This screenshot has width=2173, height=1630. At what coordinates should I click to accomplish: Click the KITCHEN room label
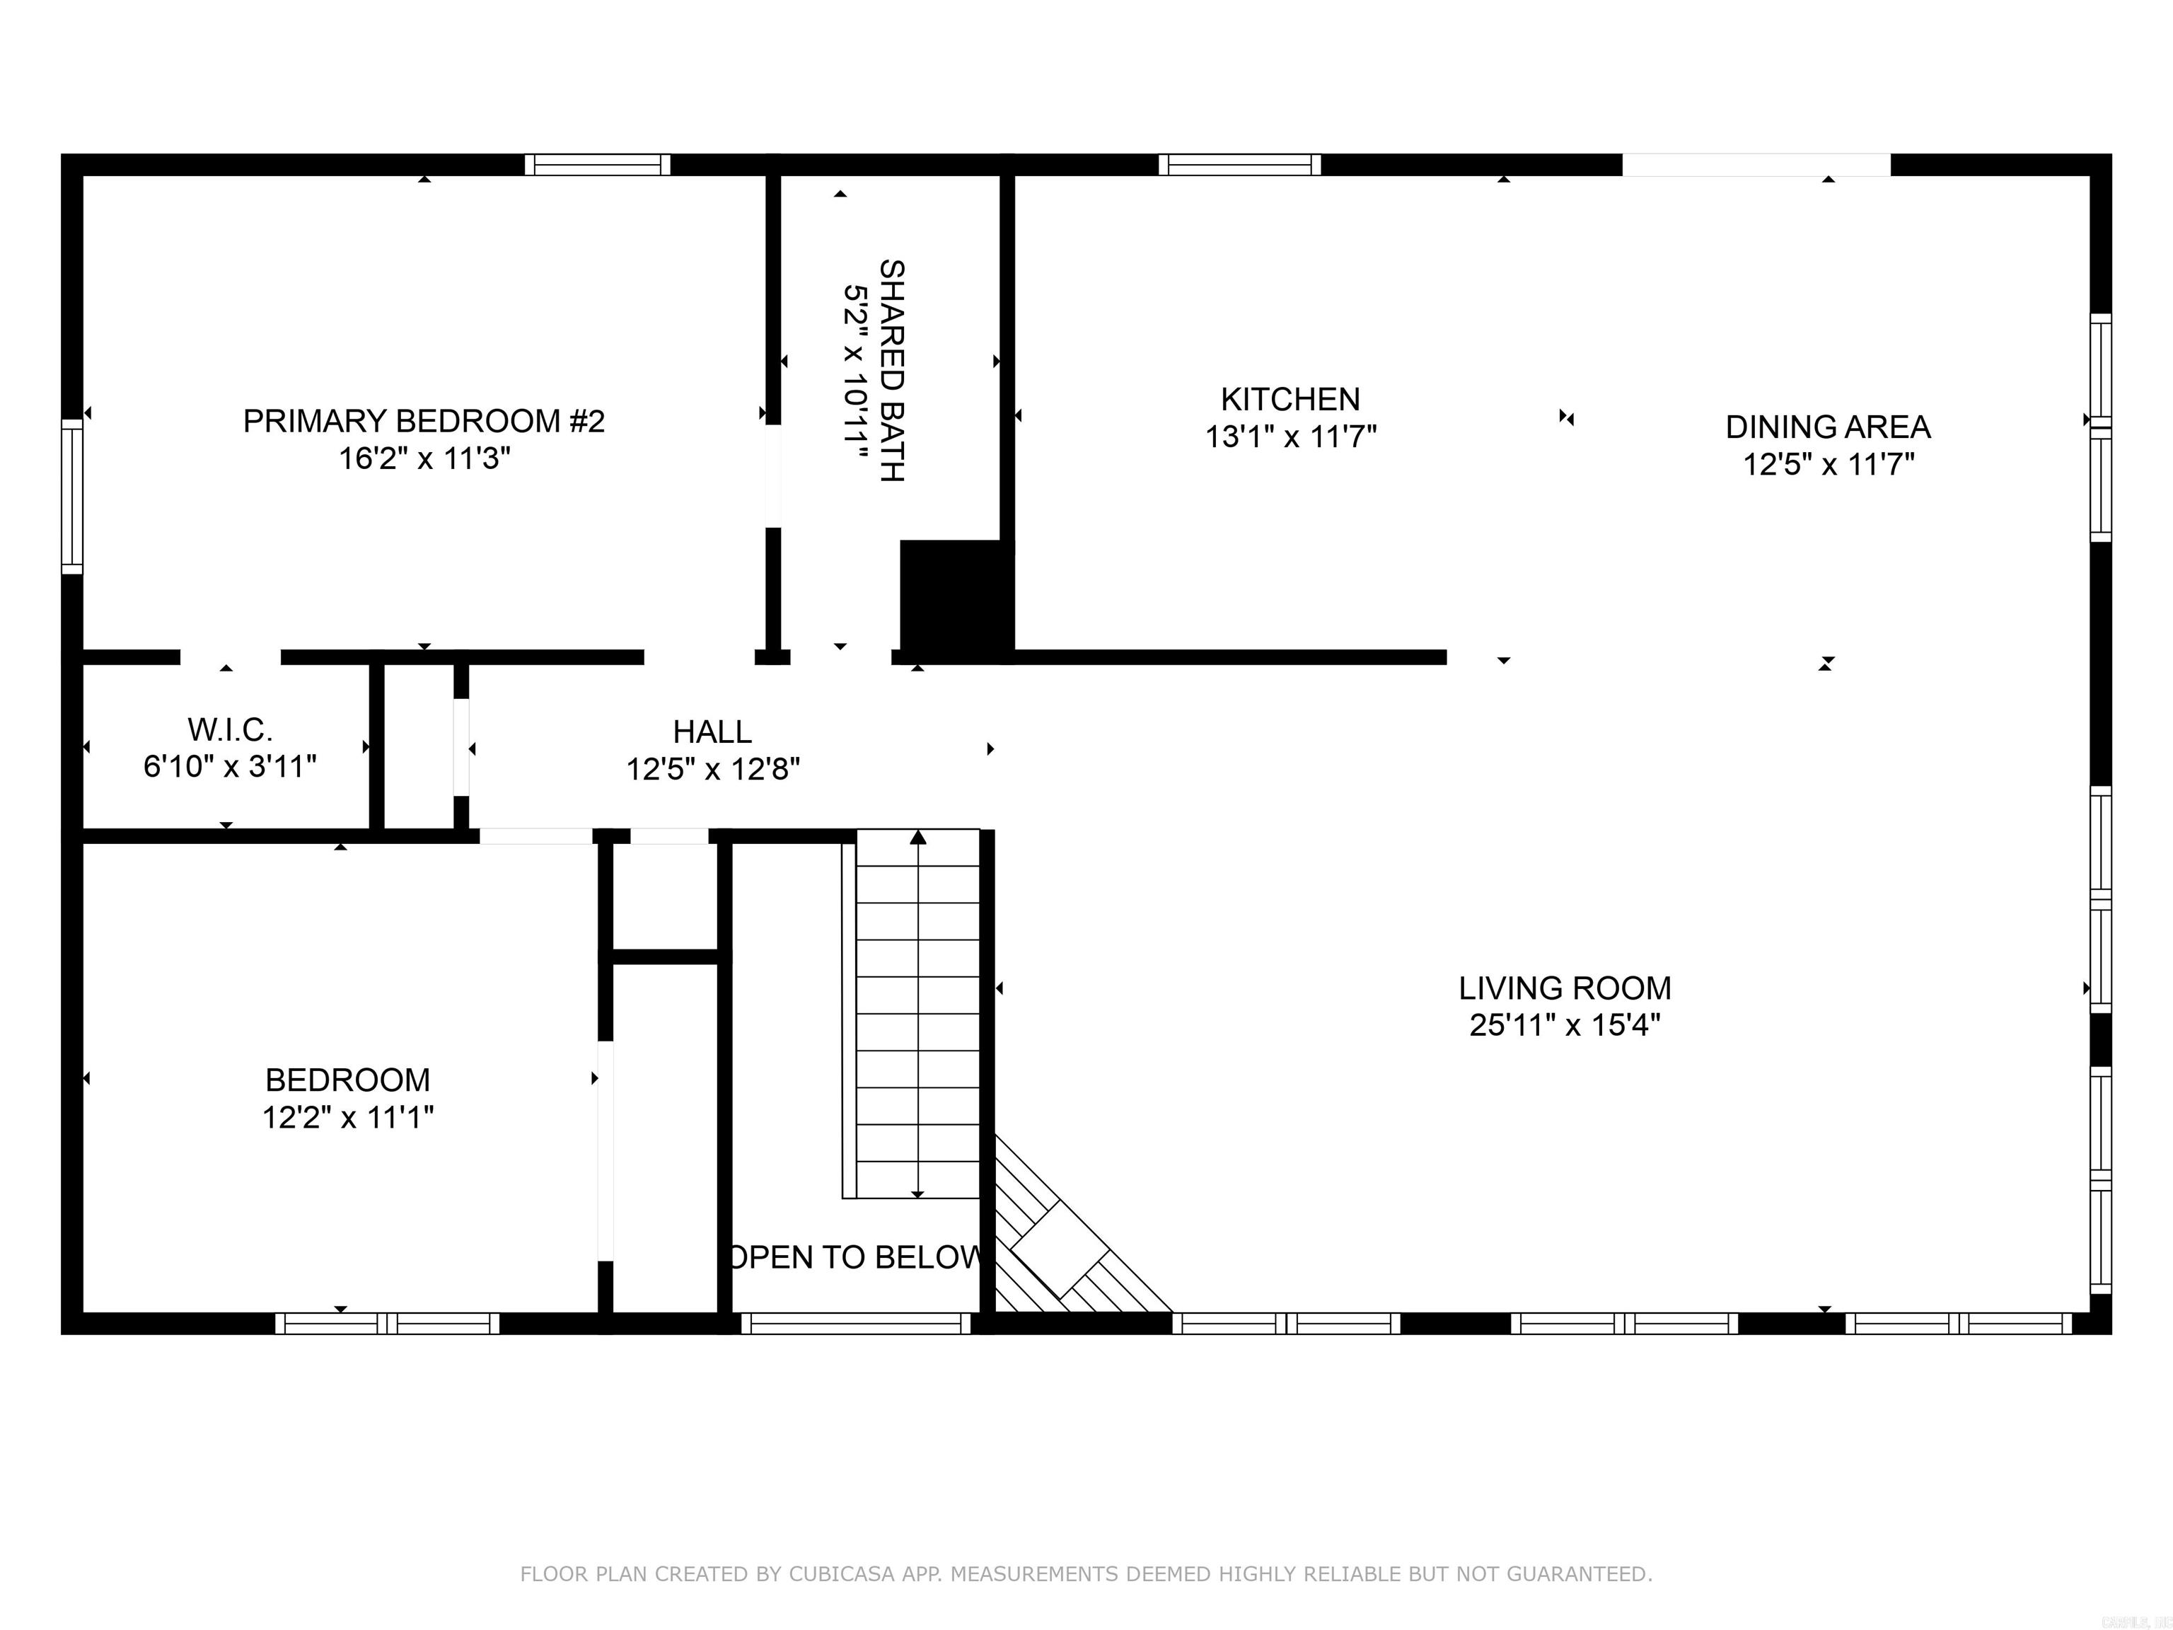[x=1290, y=399]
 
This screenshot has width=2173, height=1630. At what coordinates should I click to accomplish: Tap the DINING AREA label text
[x=1827, y=427]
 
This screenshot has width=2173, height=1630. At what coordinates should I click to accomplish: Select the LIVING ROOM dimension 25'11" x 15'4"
[x=1564, y=1025]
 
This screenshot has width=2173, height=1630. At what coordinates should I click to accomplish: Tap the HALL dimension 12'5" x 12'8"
[x=713, y=768]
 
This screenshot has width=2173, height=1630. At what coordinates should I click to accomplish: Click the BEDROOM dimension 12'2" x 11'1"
[x=348, y=1117]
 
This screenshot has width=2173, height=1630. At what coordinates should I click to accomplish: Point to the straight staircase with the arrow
[x=917, y=1012]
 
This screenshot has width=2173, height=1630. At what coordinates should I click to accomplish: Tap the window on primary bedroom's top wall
[x=597, y=164]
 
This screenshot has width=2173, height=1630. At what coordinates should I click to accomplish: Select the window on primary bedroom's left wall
[x=71, y=495]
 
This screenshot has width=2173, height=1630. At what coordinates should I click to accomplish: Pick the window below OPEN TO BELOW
[x=856, y=1324]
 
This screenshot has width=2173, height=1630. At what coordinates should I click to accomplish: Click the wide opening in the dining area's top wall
[x=1756, y=164]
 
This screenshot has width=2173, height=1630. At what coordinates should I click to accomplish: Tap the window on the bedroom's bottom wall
[x=387, y=1324]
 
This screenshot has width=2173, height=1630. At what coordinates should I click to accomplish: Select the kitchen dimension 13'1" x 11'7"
[x=1290, y=437]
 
